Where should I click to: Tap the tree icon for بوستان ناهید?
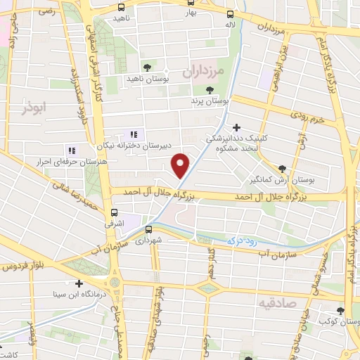147,67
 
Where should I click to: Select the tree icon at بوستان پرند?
210,89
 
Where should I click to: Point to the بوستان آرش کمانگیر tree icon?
282,169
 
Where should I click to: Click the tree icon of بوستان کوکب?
341,311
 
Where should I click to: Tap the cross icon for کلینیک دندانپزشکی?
236,128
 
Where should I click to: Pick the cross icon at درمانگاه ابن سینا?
79,283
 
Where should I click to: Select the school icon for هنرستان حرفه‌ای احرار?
71,150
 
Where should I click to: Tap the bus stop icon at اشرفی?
114,211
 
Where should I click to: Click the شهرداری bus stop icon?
149,229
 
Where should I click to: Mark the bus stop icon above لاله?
230,14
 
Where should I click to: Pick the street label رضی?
47,12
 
